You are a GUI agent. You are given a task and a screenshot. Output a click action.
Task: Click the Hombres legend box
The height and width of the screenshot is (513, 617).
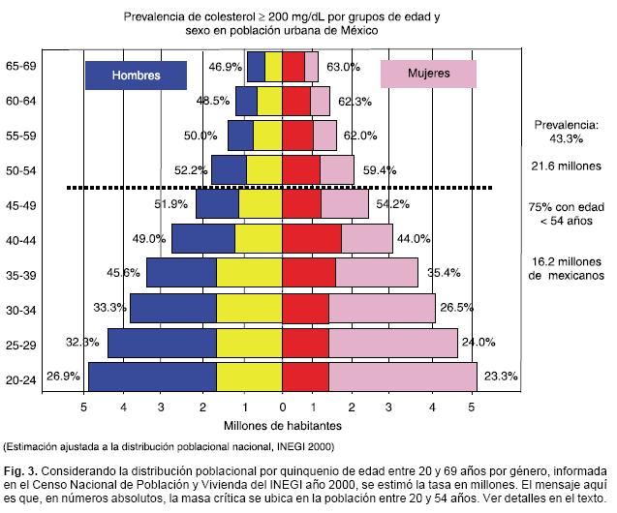[136, 75]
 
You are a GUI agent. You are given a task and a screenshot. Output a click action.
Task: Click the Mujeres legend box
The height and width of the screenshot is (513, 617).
[427, 75]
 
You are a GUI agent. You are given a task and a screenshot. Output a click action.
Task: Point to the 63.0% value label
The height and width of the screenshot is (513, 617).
[344, 68]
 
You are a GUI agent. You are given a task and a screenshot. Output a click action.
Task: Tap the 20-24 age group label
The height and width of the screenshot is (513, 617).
[21, 380]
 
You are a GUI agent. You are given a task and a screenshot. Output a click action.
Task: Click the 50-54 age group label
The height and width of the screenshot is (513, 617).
[21, 170]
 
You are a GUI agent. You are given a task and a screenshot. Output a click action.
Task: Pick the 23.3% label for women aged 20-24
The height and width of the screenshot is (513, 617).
[500, 376]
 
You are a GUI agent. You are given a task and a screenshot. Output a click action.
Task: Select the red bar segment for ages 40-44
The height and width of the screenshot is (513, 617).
[311, 238]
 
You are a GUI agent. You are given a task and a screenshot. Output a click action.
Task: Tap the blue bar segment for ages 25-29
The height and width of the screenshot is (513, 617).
[162, 343]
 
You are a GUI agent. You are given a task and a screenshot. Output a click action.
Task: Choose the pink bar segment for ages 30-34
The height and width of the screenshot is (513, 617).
[382, 308]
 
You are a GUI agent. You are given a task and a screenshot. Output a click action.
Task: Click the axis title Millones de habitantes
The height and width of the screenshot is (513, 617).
[282, 424]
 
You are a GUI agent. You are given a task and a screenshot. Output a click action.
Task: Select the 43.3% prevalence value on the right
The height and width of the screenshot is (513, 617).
[568, 138]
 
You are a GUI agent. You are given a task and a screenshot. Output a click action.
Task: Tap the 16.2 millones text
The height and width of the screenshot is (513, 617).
[568, 261]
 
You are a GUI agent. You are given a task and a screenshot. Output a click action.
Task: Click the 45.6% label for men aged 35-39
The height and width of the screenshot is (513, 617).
[124, 273]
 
